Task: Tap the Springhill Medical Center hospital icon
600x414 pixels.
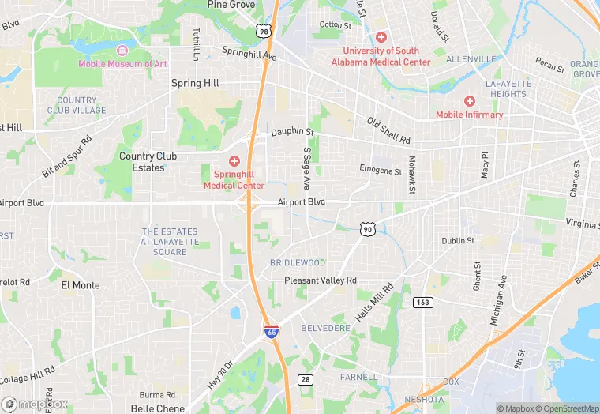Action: point(234,161)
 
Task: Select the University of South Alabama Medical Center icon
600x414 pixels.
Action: point(381,37)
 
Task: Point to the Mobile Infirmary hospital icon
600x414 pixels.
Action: point(470,101)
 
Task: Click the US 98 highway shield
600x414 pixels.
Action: point(262,30)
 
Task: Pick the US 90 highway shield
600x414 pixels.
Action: point(366,228)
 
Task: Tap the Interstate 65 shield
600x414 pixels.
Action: point(272,333)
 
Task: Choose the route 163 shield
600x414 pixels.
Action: point(422,303)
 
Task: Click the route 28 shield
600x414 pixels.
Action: point(306,380)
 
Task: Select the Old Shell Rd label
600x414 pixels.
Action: point(389,130)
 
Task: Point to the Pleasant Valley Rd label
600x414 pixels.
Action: point(321,280)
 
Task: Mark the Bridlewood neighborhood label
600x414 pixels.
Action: point(298,262)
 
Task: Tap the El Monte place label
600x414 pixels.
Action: point(81,286)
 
